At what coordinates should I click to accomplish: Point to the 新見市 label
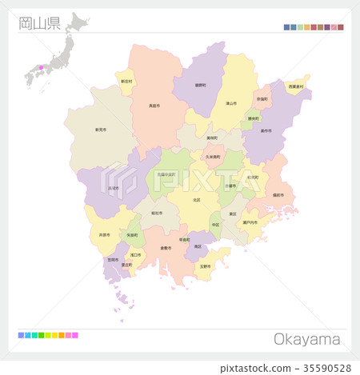click(x=101, y=129)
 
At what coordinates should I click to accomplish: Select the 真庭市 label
click(x=153, y=104)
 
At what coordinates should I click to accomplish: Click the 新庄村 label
click(x=126, y=81)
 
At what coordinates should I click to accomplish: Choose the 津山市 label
click(x=230, y=103)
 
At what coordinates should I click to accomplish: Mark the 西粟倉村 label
click(x=297, y=86)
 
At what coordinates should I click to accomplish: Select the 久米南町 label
click(x=212, y=157)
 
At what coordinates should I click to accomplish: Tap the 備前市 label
click(x=278, y=194)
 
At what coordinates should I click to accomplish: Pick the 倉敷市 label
click(x=166, y=248)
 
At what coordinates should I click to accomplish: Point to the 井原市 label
click(x=104, y=235)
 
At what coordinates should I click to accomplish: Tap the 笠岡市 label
click(x=113, y=259)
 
